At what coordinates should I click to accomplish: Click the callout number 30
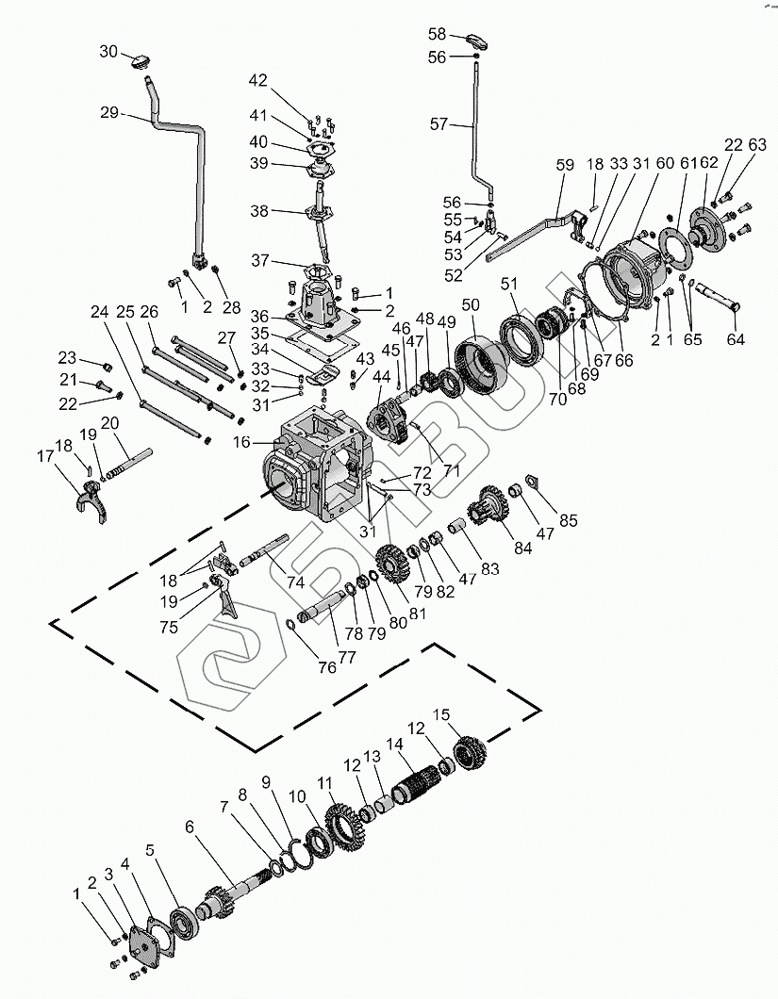coord(108,52)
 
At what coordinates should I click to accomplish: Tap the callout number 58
coord(437,34)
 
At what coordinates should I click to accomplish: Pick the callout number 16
coord(241,441)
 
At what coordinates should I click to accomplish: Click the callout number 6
coord(190,827)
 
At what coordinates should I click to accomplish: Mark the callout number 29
coord(109,112)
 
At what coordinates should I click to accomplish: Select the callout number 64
coord(736,339)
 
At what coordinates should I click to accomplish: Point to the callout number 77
coord(347,656)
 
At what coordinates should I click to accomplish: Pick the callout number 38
coord(259,210)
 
